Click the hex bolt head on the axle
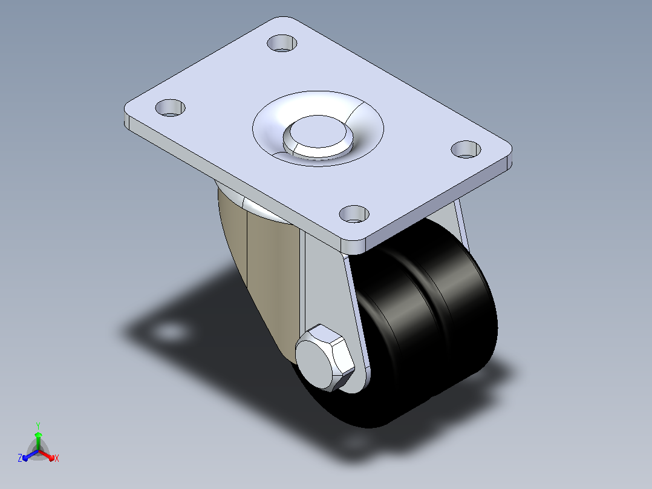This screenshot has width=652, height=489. pyautogui.click(x=325, y=358)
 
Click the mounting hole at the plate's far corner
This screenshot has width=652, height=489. pyautogui.click(x=282, y=44)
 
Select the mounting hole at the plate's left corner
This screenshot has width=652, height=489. pyautogui.click(x=170, y=108)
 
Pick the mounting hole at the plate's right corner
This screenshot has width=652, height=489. pyautogui.click(x=466, y=149)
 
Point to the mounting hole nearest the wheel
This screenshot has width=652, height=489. pyautogui.click(x=354, y=214)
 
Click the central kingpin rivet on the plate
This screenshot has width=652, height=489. pyautogui.click(x=318, y=137)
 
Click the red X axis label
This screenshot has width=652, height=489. pyautogui.click(x=57, y=458)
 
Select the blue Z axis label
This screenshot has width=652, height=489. pyautogui.click(x=19, y=458)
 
